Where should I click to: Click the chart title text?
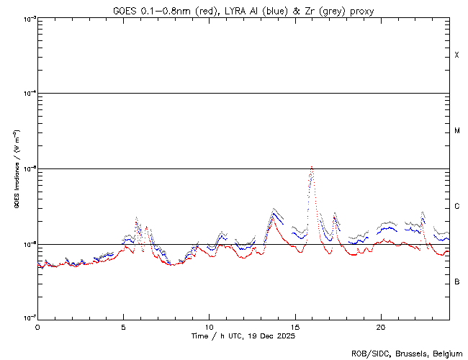click(243, 10)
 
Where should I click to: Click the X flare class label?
click(456, 55)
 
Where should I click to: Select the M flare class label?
click(456, 131)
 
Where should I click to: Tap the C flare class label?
click(456, 207)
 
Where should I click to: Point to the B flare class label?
click(456, 282)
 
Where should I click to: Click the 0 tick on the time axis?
click(37, 327)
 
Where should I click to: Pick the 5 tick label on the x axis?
click(123, 327)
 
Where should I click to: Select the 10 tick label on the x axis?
click(209, 327)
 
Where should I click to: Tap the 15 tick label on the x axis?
click(294, 327)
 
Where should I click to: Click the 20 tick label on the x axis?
click(380, 327)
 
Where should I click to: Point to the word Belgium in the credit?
click(445, 354)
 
